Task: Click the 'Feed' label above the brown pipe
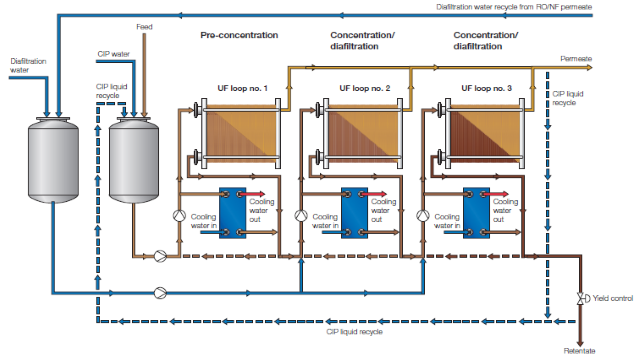pos(144,27)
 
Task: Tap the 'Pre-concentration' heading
pos(239,35)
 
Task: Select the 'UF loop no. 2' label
pos(364,88)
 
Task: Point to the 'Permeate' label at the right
pos(576,59)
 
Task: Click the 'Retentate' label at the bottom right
pos(579,351)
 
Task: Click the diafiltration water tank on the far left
pos(53,160)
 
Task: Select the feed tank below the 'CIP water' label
pos(134,160)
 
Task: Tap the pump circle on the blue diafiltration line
pos(160,293)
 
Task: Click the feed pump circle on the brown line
pos(160,256)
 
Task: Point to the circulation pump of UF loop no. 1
pos(179,216)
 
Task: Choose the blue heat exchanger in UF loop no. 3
pos(476,213)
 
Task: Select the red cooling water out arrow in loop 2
pos(373,194)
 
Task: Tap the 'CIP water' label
pos(113,54)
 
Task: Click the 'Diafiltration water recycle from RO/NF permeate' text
pos(514,7)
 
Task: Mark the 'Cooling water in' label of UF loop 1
pos(203,221)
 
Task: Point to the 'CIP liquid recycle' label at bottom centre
pos(354,332)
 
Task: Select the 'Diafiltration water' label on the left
pos(28,66)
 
